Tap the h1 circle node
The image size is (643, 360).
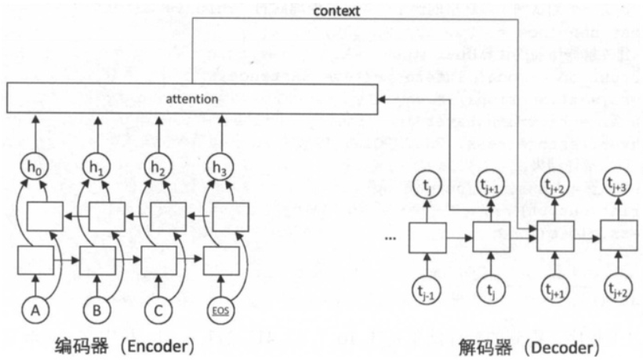[98, 168]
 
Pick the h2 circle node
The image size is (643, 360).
[160, 168]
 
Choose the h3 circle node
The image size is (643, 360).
[221, 168]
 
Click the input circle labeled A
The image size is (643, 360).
[35, 310]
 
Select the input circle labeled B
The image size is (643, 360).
[96, 310]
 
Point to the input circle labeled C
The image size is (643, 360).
[159, 310]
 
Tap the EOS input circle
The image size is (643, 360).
[221, 310]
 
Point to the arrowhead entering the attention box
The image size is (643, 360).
[380, 100]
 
